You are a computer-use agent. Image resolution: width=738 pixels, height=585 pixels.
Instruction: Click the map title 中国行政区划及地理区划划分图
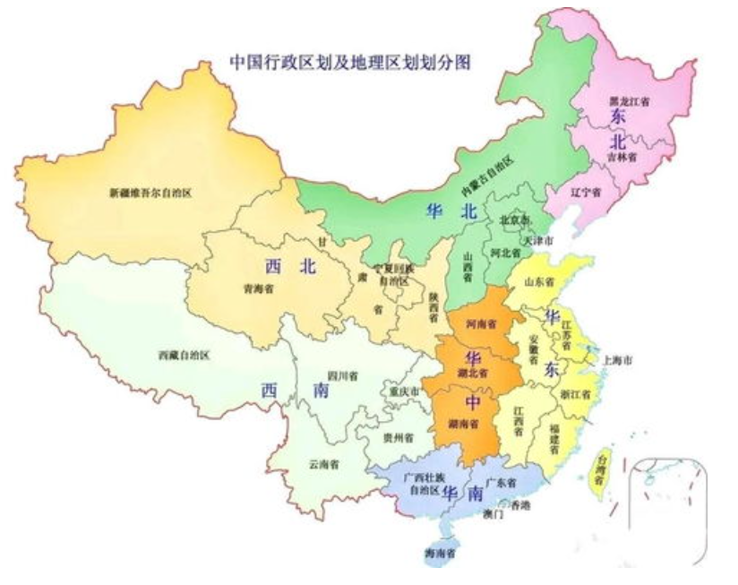click(x=351, y=64)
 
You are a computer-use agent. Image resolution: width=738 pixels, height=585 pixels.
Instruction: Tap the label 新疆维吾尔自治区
click(x=150, y=192)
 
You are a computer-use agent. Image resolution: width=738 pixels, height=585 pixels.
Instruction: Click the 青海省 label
click(x=258, y=288)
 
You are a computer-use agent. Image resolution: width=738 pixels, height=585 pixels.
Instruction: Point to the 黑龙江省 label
click(x=629, y=101)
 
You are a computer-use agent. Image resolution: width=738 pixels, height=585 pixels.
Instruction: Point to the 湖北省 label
click(x=471, y=372)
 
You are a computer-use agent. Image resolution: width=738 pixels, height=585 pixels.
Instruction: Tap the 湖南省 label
click(x=463, y=423)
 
